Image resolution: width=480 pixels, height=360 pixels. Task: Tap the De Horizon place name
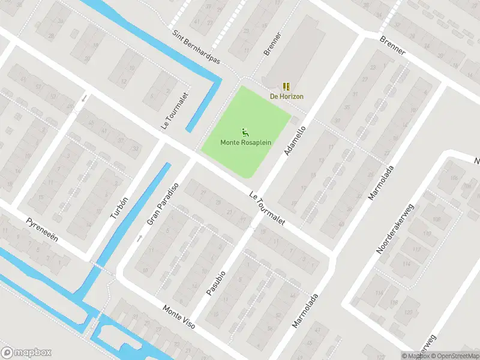(286, 96)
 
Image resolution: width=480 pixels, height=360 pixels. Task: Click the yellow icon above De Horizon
(286, 86)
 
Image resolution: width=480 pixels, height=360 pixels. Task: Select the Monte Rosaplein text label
(245, 142)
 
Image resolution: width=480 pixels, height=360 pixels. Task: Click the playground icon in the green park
(245, 132)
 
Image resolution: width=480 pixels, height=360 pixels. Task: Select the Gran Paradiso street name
(163, 203)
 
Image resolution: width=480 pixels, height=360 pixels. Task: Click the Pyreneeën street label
(42, 230)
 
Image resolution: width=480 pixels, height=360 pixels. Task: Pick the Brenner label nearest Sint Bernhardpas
(272, 44)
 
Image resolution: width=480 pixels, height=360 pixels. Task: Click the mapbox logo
(26, 353)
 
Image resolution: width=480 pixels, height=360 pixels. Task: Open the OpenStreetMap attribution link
(453, 356)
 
